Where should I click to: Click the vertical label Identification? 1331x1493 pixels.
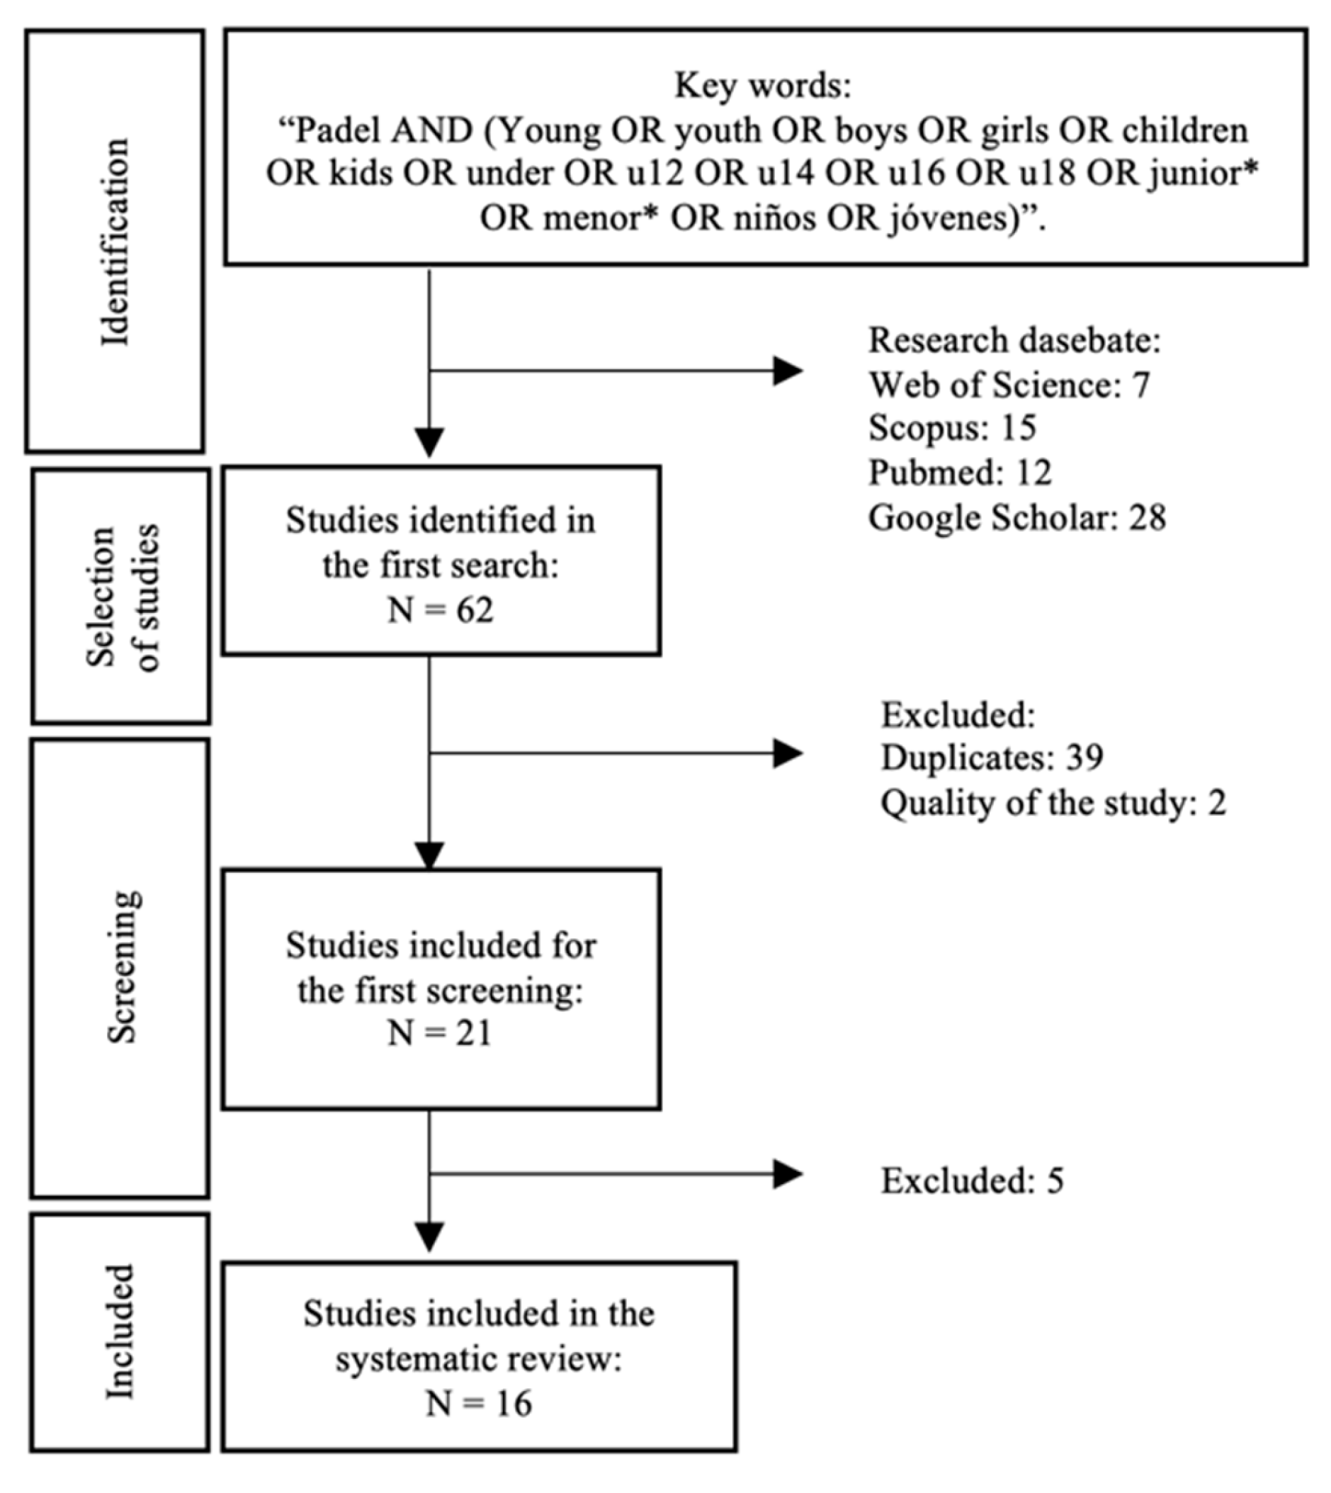tap(115, 242)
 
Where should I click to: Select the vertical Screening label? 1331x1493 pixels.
tap(121, 967)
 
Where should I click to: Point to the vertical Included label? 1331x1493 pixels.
tap(120, 1332)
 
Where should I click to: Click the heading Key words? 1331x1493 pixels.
tap(763, 86)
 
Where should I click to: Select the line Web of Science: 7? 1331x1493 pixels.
tap(1009, 385)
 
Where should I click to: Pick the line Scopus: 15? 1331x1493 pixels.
tap(952, 428)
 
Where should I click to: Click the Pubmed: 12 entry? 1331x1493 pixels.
tap(960, 473)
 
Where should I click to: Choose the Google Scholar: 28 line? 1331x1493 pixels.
tap(1016, 518)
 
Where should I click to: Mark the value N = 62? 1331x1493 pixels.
tap(441, 609)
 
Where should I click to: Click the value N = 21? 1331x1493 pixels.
tap(441, 1034)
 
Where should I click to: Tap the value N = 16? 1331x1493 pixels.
tap(479, 1404)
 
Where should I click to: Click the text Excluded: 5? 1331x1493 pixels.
tap(972, 1181)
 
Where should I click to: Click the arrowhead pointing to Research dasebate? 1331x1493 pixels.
tap(788, 371)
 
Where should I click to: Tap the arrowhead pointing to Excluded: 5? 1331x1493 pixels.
tap(788, 1175)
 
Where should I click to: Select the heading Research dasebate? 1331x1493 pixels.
tap(1014, 341)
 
